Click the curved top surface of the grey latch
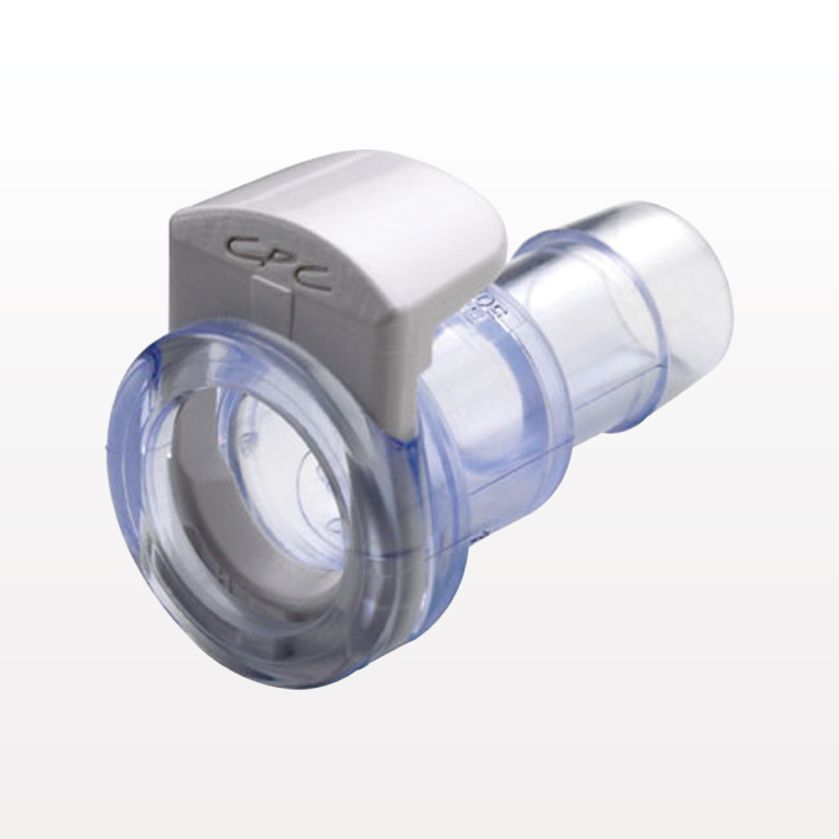352,193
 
